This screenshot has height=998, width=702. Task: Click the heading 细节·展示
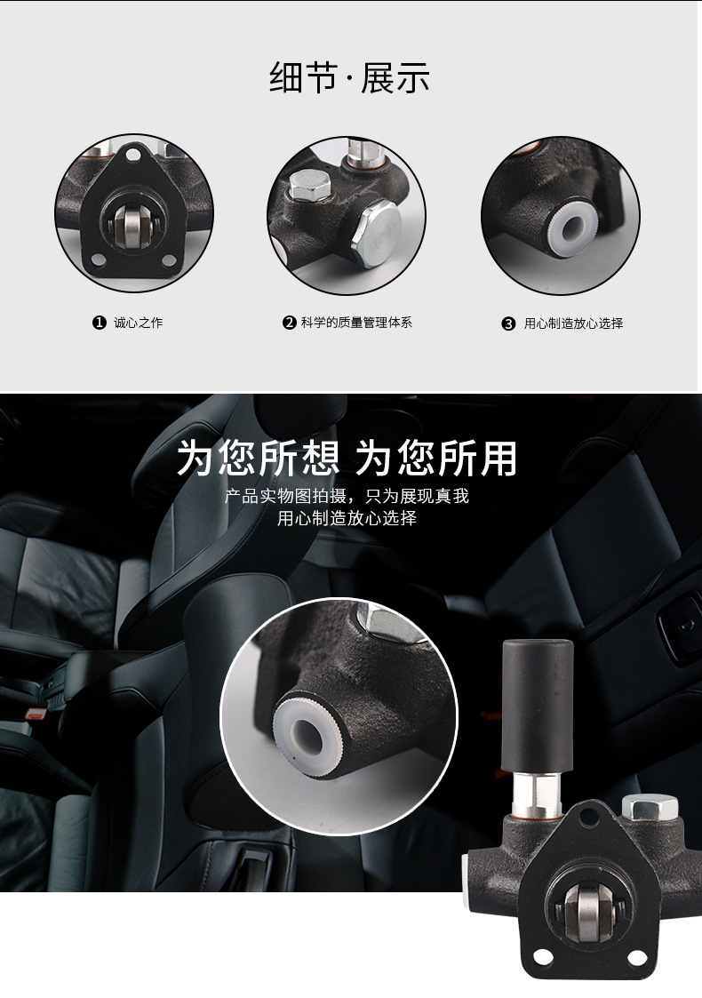tap(349, 78)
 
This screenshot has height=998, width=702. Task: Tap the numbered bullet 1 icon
tap(100, 323)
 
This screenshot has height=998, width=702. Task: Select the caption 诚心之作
tap(139, 323)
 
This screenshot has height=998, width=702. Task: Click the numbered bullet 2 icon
tap(289, 323)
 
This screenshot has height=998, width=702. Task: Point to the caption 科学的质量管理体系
tap(356, 323)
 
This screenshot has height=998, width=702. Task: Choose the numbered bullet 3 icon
tap(508, 323)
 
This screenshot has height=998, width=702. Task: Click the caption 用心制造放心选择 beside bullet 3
tap(573, 323)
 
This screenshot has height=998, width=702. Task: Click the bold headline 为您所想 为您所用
tap(347, 459)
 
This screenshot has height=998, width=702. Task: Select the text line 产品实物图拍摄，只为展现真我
tap(347, 496)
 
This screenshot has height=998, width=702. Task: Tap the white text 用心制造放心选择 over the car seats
tap(347, 518)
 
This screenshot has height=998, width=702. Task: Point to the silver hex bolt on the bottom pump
tap(650, 809)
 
